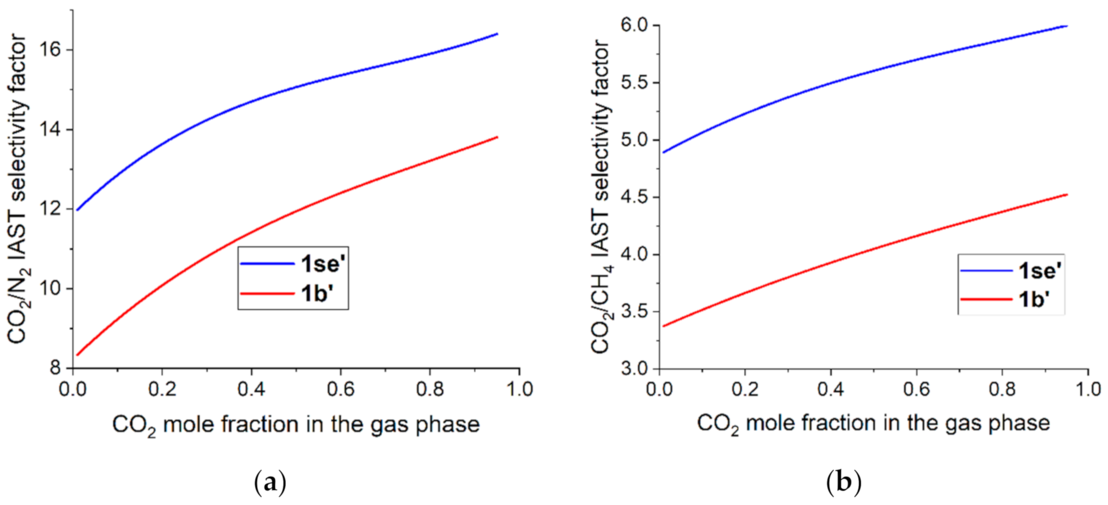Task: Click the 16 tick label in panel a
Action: point(50,50)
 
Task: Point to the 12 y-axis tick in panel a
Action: point(50,209)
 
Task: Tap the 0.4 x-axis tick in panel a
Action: point(252,389)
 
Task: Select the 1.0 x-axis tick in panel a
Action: point(519,389)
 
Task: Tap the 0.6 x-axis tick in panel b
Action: point(917,389)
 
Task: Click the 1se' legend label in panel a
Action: point(323,264)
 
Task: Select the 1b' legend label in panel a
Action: point(317,294)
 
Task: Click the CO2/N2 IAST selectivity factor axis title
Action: point(18,188)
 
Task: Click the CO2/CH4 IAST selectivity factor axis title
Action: point(602,196)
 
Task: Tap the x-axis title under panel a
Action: point(295,425)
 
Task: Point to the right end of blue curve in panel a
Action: point(497,34)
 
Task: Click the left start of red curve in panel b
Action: point(664,326)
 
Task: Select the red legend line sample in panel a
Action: point(267,294)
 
